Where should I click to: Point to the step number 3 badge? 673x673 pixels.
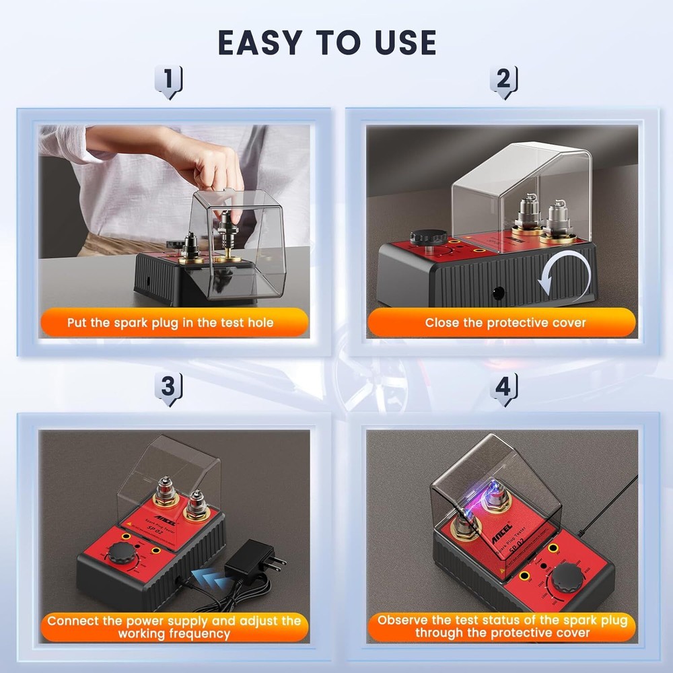168,388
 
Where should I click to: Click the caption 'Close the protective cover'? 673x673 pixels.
505,323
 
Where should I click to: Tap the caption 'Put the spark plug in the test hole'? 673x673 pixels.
170,323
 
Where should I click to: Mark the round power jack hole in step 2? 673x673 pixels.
499,293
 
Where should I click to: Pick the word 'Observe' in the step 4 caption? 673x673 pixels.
406,620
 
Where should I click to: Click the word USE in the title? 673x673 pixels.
400,42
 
